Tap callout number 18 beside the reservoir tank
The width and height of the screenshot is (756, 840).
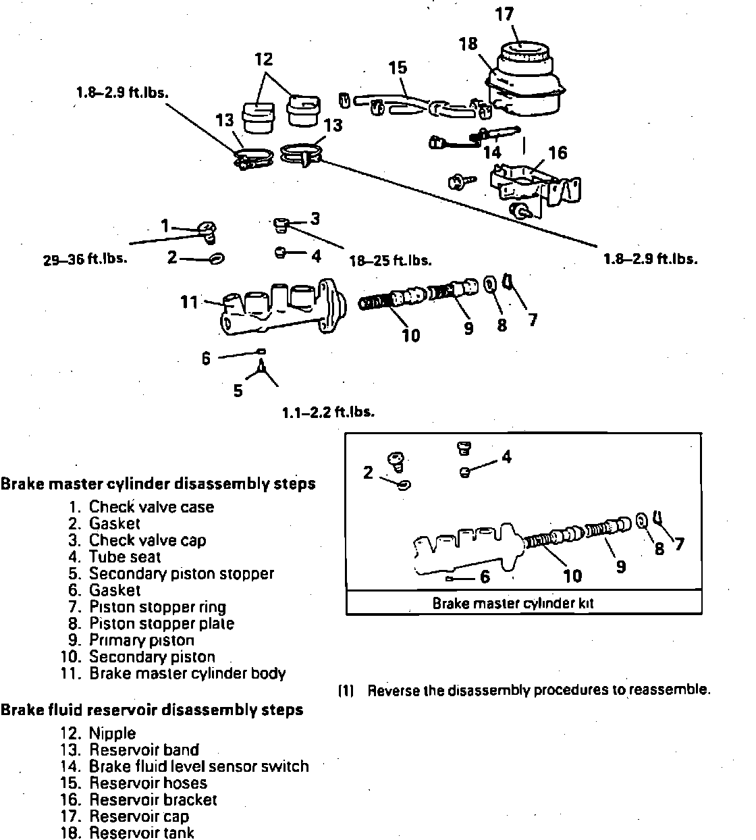(x=468, y=44)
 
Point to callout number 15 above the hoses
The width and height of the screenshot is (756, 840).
(x=398, y=68)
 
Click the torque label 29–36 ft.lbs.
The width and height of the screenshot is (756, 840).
(x=85, y=259)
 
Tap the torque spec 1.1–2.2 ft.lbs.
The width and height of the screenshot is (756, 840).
(x=328, y=411)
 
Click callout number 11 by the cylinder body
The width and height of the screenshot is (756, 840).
(x=189, y=302)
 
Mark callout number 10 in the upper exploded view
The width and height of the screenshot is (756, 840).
(x=410, y=335)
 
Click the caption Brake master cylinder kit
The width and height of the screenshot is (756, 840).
(x=512, y=603)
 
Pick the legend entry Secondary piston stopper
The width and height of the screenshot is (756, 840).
(x=181, y=573)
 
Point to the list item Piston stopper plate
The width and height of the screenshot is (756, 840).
(x=161, y=623)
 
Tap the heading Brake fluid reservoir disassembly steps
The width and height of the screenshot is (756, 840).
(x=152, y=710)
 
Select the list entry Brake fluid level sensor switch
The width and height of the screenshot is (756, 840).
(x=198, y=766)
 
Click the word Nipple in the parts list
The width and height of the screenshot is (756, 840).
(x=112, y=733)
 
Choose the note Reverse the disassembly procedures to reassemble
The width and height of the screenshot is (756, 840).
(x=538, y=690)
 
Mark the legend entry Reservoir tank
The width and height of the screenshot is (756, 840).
(x=142, y=833)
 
